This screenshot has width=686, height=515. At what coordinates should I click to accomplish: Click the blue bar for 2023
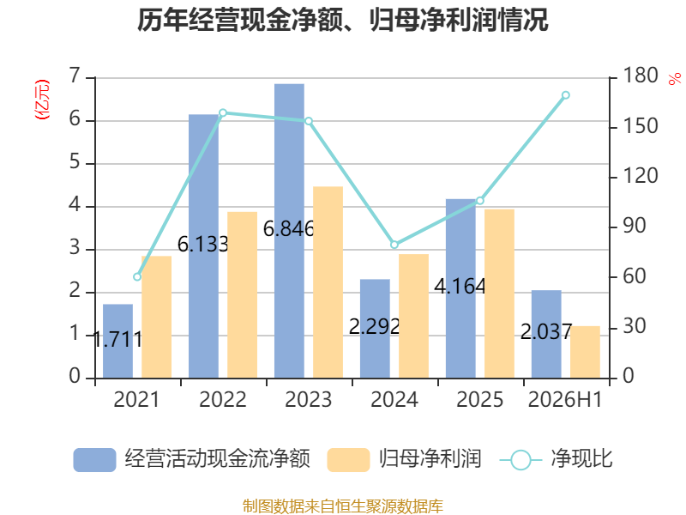[289, 231]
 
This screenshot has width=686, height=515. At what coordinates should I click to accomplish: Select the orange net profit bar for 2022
[243, 295]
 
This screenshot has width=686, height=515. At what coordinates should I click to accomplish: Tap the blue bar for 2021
[117, 341]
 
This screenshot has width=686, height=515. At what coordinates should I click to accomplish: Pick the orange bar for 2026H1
[585, 352]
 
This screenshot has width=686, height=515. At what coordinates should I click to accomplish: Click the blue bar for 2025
[460, 288]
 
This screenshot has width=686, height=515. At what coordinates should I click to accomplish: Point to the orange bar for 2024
[414, 316]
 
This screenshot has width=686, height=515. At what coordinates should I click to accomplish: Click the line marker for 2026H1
[566, 95]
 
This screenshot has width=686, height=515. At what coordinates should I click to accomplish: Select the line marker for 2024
[394, 245]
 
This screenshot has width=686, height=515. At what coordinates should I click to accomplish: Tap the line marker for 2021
[137, 276]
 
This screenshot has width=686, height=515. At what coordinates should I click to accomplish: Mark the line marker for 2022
[223, 113]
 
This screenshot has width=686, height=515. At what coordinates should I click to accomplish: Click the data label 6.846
[289, 228]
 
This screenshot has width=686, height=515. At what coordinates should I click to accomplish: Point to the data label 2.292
[375, 327]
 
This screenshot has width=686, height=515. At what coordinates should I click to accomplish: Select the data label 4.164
[460, 287]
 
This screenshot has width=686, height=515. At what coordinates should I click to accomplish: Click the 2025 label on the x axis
[480, 399]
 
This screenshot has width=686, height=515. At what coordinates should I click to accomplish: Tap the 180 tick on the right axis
[640, 76]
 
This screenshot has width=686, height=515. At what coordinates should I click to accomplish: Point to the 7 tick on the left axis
[75, 76]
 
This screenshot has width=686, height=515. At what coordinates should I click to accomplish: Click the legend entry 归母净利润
[404, 459]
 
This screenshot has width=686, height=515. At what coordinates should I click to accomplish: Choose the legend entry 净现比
[556, 459]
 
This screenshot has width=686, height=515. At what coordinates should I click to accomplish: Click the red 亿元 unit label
[42, 100]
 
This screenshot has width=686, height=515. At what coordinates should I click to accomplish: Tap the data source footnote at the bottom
[343, 506]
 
